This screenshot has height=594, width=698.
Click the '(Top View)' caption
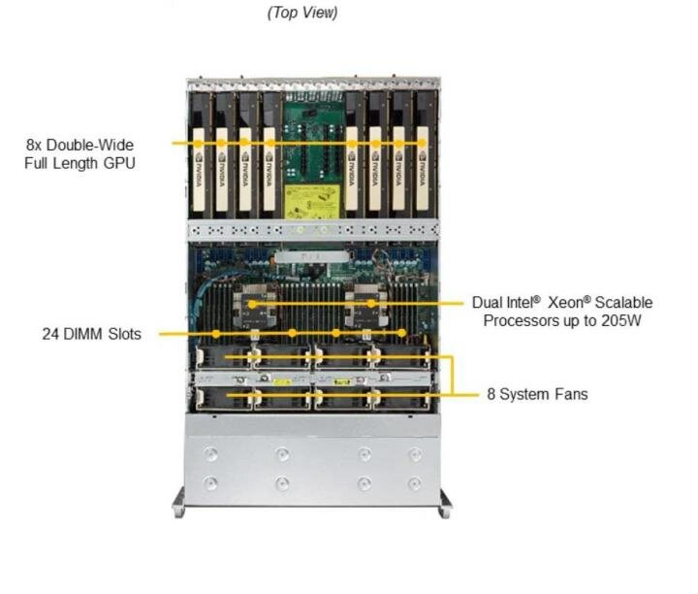[x=303, y=13]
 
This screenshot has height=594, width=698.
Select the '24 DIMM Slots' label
[x=91, y=334]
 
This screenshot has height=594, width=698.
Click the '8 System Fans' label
[x=538, y=394]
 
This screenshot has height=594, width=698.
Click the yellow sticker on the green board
[x=312, y=201]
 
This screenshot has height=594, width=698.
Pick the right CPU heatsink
[x=369, y=302]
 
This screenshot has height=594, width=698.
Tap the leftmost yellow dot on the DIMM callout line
[x=218, y=334]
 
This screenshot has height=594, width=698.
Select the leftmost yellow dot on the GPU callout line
[x=199, y=143]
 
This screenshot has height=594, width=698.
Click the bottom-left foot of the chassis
[x=179, y=505]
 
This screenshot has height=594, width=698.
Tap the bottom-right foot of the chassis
[x=444, y=505]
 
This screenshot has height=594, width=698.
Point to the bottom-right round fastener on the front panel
[x=415, y=482]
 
